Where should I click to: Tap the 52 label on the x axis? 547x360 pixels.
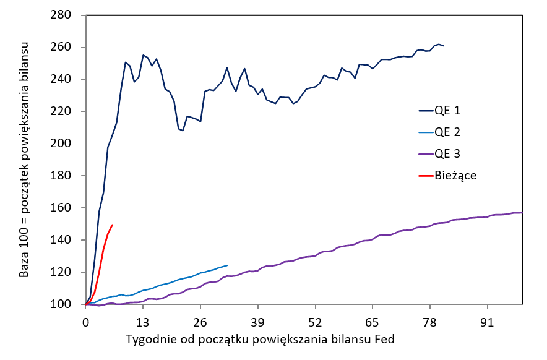click(x=316, y=322)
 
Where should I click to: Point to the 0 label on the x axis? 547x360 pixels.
click(x=86, y=322)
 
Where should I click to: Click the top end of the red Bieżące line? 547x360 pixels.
click(x=112, y=225)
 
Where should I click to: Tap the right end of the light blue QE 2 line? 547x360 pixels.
click(x=227, y=265)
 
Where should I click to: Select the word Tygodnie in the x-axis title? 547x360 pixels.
click(x=147, y=340)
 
